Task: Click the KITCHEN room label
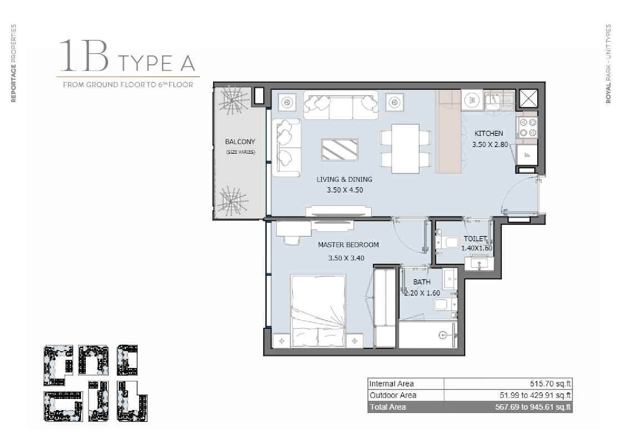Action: point(488,134)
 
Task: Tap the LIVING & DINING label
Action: point(344,180)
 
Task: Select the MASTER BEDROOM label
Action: point(348,245)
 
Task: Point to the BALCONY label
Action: point(240,141)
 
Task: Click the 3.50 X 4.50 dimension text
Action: point(345,190)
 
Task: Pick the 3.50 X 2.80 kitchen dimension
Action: point(490,145)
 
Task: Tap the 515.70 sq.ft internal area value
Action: point(550,383)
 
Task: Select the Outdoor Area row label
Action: point(393,395)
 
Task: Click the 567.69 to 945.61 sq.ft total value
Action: point(533,407)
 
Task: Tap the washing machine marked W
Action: point(472,100)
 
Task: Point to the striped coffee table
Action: point(339,150)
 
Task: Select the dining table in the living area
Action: point(405,149)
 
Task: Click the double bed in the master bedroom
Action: point(318,311)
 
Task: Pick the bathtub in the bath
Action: point(428,335)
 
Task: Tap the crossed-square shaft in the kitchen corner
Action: point(528,98)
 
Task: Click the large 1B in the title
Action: point(84,55)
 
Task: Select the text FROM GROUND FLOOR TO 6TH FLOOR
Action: point(128,85)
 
